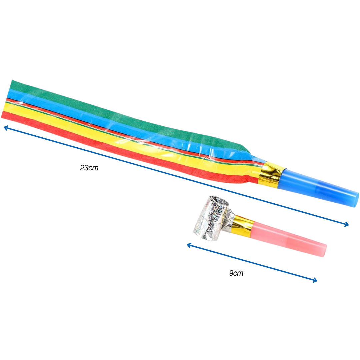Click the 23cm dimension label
[89, 168]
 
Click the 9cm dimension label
[236, 273]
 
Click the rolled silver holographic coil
[210, 218]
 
